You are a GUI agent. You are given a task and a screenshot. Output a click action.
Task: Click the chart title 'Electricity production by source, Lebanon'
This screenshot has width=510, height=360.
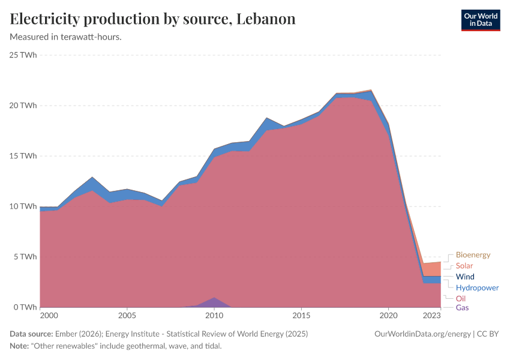click(x=152, y=19)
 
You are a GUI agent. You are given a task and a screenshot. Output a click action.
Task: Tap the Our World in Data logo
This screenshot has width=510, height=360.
click(x=480, y=20)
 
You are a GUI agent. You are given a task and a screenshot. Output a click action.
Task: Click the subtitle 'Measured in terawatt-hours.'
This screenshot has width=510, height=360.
click(x=66, y=37)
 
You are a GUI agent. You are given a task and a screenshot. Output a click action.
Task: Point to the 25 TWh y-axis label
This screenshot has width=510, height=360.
click(x=23, y=55)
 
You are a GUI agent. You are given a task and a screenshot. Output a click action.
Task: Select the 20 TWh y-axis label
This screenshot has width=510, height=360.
click(x=23, y=106)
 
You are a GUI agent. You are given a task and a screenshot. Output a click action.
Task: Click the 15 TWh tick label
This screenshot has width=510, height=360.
click(x=23, y=156)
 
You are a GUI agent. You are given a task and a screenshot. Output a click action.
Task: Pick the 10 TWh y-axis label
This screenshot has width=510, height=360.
click(x=23, y=206)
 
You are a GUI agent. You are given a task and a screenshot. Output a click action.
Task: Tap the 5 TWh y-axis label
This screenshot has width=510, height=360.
click(x=26, y=257)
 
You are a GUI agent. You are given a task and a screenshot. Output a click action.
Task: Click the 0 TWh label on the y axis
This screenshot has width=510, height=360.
click(x=26, y=307)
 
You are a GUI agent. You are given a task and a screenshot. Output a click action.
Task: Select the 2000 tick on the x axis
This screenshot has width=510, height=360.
click(x=49, y=315)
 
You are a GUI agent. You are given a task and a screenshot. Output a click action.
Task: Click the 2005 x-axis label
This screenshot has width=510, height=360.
click(x=127, y=315)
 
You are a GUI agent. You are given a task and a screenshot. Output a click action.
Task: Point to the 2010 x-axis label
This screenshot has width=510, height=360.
click(x=214, y=315)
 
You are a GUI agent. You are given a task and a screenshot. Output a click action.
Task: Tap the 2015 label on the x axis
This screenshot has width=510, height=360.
click(x=301, y=315)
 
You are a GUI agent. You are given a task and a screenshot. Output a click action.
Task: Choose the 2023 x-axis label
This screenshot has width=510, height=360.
click(x=431, y=315)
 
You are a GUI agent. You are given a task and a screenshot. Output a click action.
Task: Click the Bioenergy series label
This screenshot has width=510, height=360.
click(x=473, y=255)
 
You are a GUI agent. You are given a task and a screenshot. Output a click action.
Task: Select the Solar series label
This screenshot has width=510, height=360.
click(x=464, y=266)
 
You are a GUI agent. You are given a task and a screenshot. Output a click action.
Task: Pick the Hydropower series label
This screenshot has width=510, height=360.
click(x=477, y=287)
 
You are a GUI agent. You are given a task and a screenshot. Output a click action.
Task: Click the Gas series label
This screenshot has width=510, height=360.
click(x=463, y=308)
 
